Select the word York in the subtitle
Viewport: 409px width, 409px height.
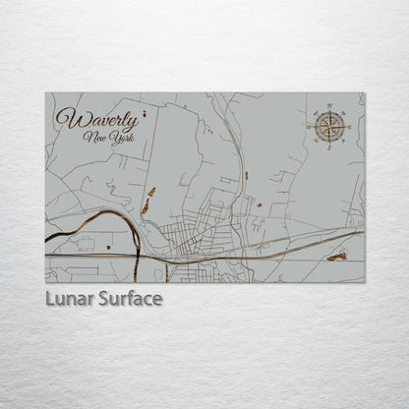pos(121,137)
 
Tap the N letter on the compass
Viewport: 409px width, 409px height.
pos(330,104)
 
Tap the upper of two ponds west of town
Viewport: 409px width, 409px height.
pos(151,192)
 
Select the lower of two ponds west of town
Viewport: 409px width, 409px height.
pos(146,206)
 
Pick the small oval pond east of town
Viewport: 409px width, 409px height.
pos(260,205)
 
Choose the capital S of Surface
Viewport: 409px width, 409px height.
pos(101,298)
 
